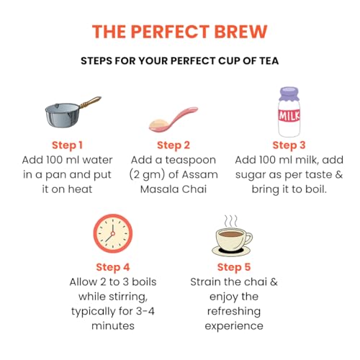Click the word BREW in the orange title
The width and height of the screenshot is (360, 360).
point(240,32)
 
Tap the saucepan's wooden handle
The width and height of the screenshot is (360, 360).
point(91,102)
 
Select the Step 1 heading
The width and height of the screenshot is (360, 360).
point(67,145)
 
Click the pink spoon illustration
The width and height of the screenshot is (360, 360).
point(174,120)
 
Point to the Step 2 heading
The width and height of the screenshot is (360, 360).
point(174,145)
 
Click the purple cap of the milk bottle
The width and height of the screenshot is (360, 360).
point(289,94)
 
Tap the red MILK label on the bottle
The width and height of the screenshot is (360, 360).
point(289,115)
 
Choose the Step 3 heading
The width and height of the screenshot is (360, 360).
point(289,145)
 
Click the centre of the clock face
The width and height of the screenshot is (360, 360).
point(113,233)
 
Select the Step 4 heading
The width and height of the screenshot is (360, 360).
point(113,267)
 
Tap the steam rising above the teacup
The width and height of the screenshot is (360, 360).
point(230,221)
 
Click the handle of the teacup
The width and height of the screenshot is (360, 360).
point(248,238)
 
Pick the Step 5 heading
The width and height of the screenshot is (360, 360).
point(234,267)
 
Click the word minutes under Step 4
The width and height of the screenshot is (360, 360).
point(113,325)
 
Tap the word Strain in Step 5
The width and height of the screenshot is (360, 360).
point(204,282)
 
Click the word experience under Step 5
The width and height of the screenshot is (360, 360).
point(234,326)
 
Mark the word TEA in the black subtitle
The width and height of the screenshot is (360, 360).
point(269,60)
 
